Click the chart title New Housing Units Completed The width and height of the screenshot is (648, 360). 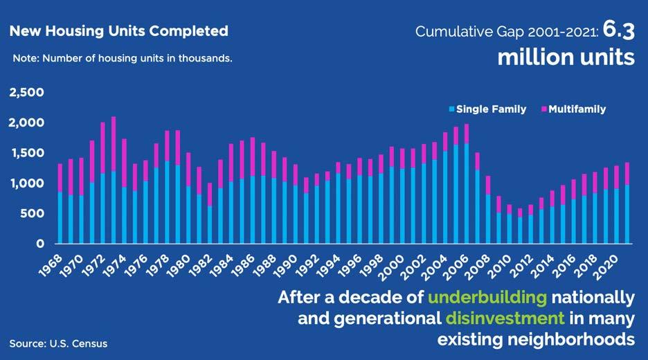pyautogui.click(x=118, y=31)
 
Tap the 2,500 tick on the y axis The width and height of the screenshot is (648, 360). pyautogui.click(x=26, y=93)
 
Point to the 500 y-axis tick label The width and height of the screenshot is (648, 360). pyautogui.click(x=31, y=214)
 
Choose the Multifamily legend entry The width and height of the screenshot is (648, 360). pyautogui.click(x=577, y=109)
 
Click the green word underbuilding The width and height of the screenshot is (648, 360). pyautogui.click(x=487, y=298)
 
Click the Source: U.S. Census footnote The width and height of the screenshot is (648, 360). pyautogui.click(x=58, y=343)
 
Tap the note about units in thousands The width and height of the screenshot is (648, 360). pyautogui.click(x=123, y=58)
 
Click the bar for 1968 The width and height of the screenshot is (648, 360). pyautogui.click(x=60, y=208)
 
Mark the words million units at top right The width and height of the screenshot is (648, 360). pyautogui.click(x=566, y=57)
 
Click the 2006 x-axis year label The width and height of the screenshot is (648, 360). pyautogui.click(x=467, y=264)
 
